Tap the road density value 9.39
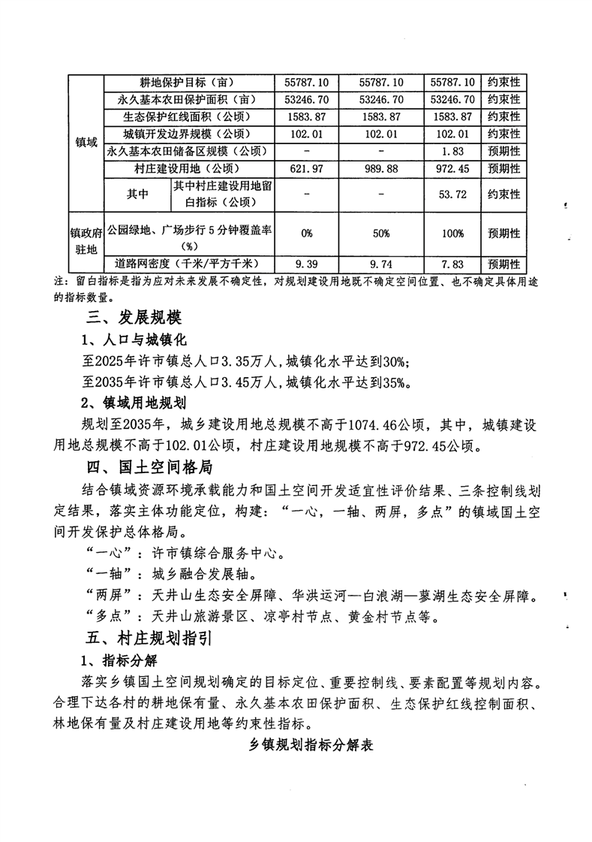307,264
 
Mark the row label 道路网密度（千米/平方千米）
188,264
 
